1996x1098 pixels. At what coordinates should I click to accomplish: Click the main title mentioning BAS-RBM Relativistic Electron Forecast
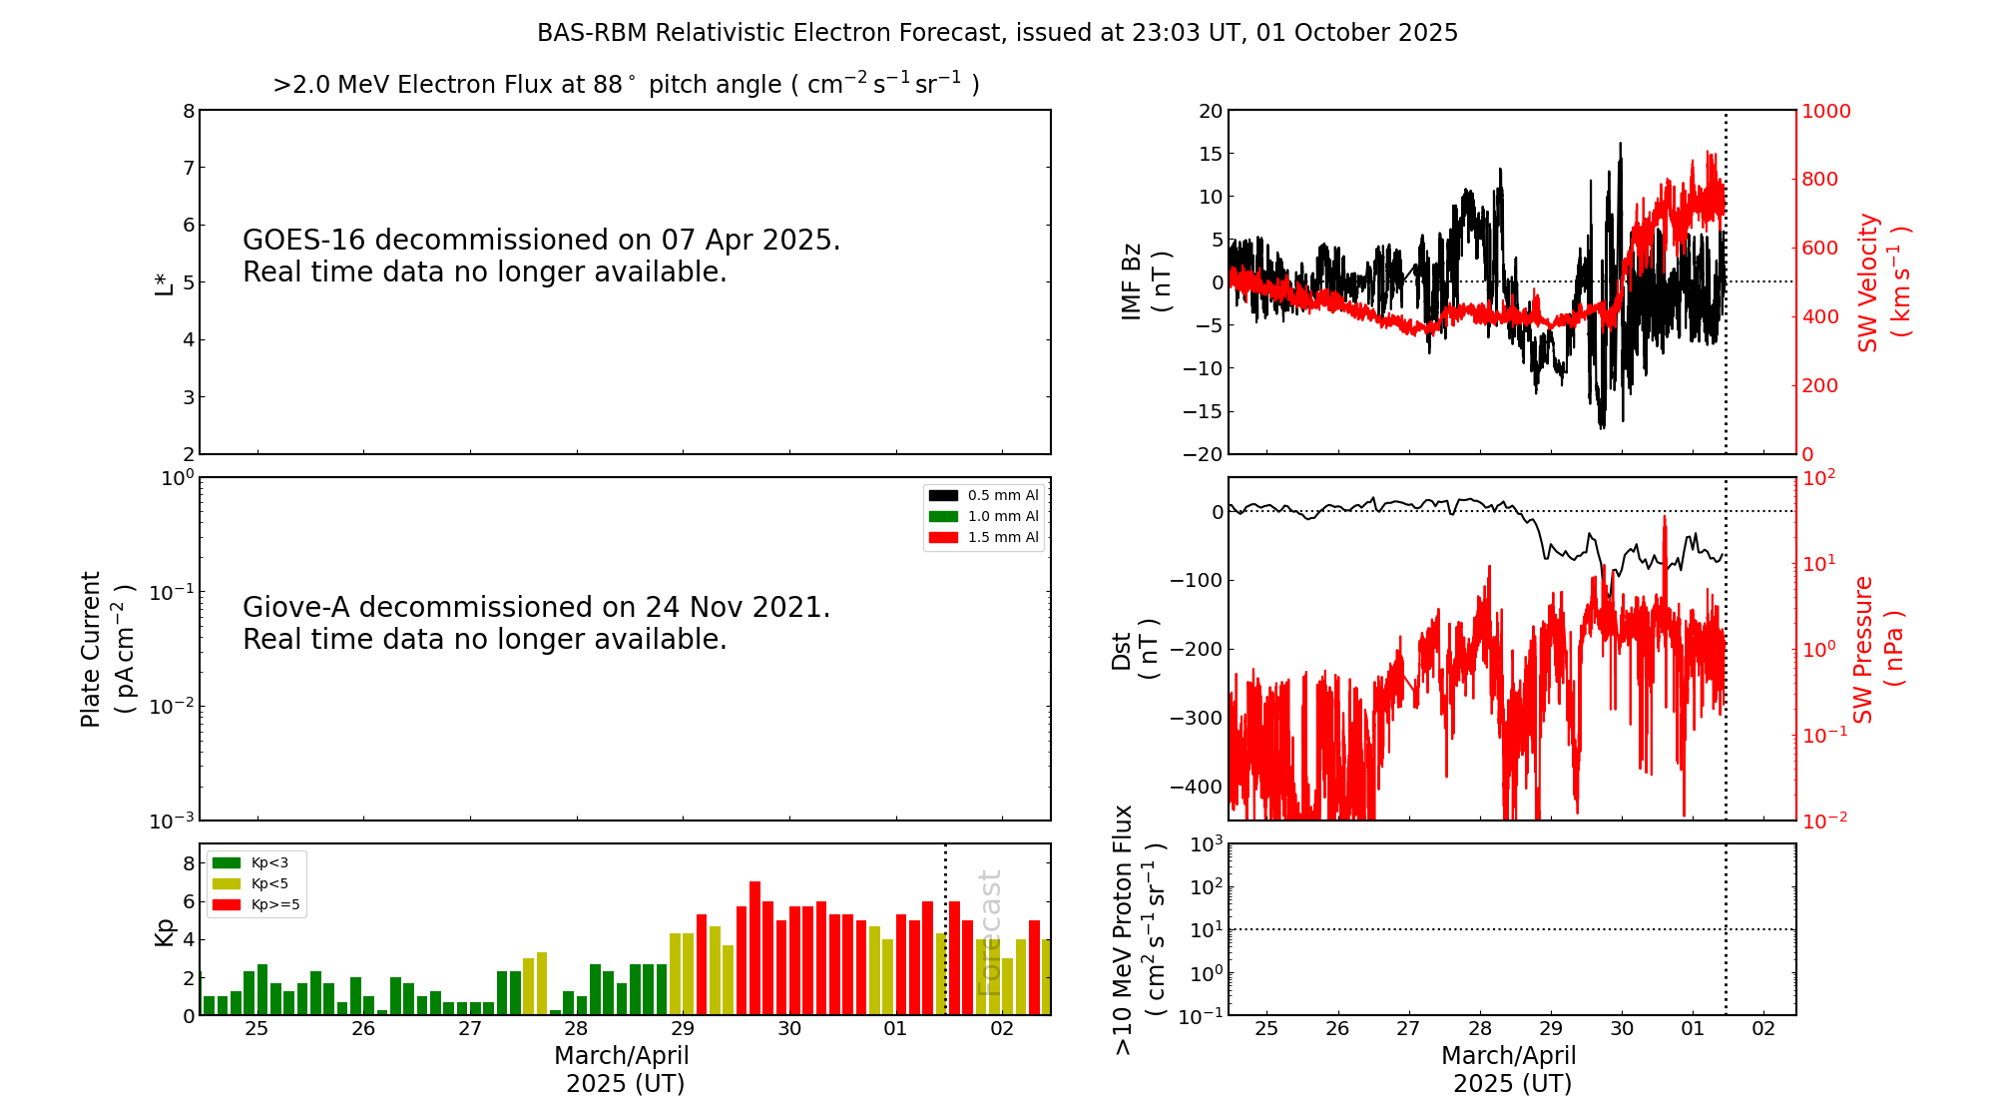(x=997, y=33)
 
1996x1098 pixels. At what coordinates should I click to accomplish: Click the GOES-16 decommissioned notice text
(x=541, y=256)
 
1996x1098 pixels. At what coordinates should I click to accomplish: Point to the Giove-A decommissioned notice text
(x=536, y=623)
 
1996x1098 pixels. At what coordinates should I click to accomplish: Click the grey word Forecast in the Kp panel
(x=988, y=932)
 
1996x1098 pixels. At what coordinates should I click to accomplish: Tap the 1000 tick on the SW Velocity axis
(x=1825, y=111)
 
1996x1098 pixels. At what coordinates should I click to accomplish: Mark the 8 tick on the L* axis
(x=189, y=111)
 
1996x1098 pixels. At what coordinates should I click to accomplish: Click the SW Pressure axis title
(x=1877, y=649)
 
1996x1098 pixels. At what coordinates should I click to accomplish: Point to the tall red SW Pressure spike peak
(x=1664, y=518)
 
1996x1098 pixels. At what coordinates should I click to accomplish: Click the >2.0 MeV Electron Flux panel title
(x=626, y=84)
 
